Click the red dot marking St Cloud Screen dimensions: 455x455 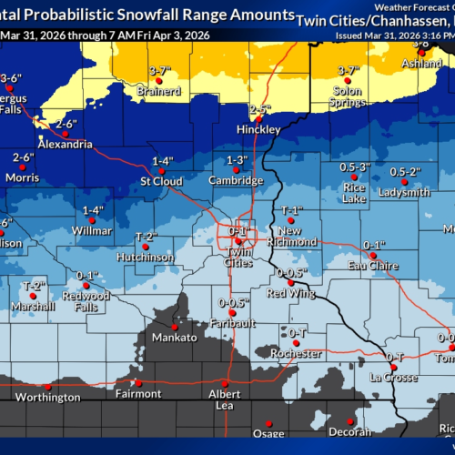coord(157,170)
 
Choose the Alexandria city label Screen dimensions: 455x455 coord(65,144)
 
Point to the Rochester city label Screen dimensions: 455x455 coord(298,352)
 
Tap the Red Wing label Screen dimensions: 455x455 coord(290,293)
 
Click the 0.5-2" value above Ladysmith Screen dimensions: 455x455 coord(405,172)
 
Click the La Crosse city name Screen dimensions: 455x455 coord(393,377)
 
